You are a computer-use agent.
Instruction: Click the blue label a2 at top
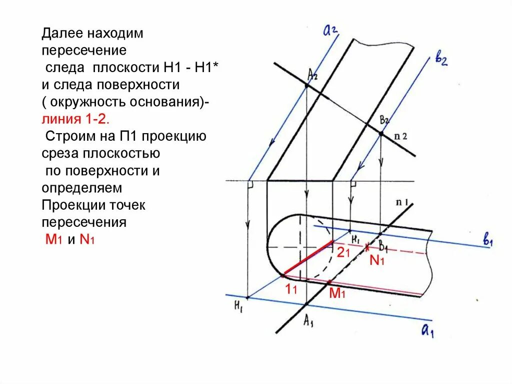[x=330, y=32]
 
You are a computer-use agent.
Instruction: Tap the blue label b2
[x=440, y=60]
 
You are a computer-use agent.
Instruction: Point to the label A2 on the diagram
[x=313, y=76]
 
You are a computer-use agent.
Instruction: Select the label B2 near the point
[x=384, y=120]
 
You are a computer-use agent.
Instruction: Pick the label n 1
[x=402, y=203]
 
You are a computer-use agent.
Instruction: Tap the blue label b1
[x=487, y=241]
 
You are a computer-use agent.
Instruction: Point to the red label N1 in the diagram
[x=376, y=260]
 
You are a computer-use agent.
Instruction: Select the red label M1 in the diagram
[x=337, y=294]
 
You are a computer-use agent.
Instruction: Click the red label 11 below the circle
[x=291, y=288]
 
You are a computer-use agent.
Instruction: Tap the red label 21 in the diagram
[x=343, y=253]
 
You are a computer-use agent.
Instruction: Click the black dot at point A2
[x=306, y=86]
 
